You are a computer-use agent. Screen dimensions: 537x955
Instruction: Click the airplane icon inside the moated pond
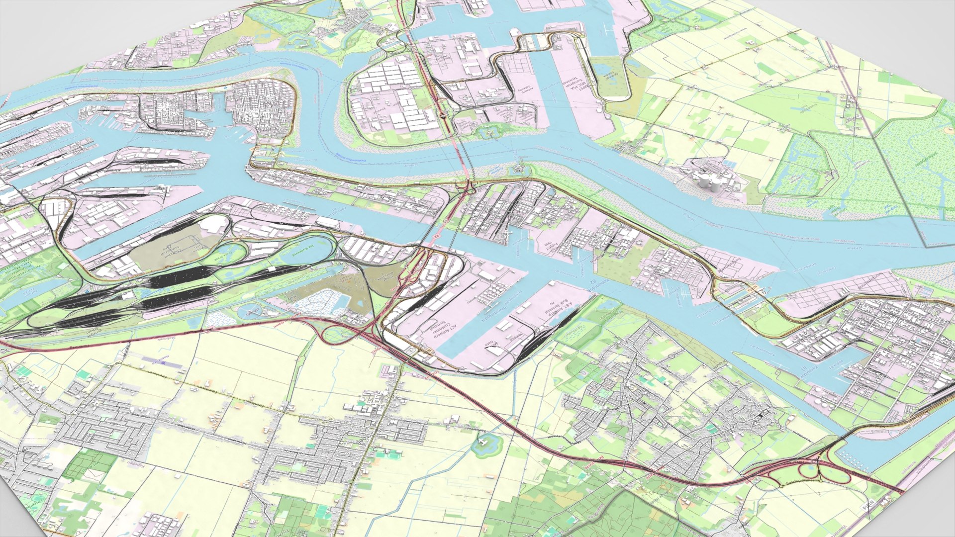point(481,442)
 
